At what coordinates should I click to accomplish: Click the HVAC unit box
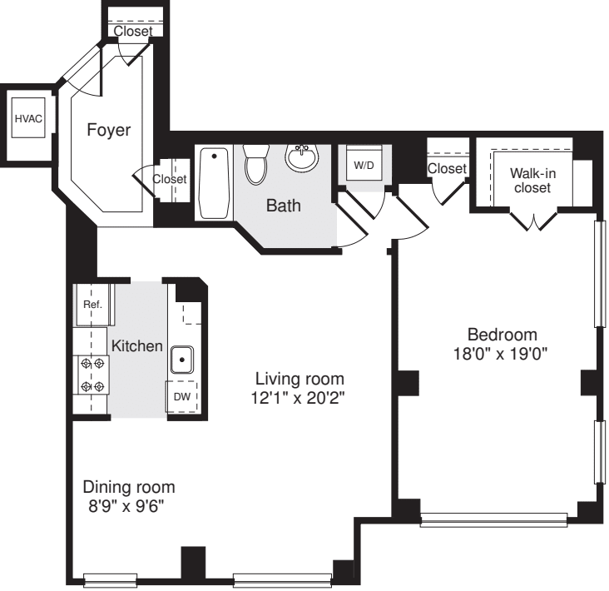27,119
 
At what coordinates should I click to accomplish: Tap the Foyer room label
109,130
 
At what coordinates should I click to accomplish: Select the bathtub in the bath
215,182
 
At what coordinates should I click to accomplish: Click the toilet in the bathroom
256,163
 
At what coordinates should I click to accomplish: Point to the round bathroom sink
300,156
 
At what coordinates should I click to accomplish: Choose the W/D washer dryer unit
364,165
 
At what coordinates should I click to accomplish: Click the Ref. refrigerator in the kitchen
93,305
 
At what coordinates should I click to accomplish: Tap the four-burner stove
92,374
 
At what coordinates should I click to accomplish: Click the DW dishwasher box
182,397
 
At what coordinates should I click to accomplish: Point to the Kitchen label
137,345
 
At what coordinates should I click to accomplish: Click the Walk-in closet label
532,181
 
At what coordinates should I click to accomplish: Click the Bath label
283,206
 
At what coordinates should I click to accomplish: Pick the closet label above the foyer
133,31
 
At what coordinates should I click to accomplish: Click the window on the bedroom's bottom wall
495,521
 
